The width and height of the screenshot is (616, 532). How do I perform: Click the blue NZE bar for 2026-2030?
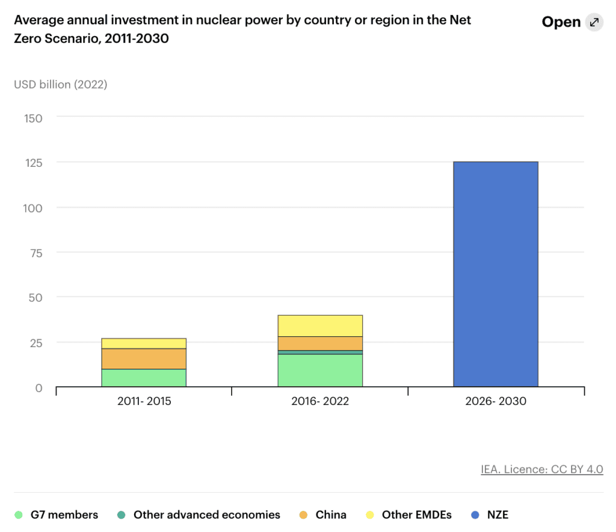point(495,274)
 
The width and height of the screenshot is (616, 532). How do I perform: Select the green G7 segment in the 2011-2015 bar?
point(144,378)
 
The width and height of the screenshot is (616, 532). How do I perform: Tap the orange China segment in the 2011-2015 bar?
point(144,358)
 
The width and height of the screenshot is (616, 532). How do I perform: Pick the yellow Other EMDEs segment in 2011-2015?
point(144,343)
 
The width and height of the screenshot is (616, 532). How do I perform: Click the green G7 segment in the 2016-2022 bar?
point(320,371)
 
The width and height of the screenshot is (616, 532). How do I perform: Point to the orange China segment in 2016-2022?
point(320,343)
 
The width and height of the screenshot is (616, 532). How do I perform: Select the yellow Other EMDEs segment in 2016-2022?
point(320,325)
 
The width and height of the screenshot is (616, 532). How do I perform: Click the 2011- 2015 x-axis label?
point(144,401)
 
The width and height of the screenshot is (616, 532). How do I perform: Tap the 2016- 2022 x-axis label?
point(320,401)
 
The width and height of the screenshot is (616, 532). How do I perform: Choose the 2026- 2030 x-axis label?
point(496,401)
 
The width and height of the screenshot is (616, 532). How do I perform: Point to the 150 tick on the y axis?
point(33,118)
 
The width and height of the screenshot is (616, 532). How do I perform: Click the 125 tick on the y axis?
point(33,163)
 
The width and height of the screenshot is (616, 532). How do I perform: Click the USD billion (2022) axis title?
point(60,84)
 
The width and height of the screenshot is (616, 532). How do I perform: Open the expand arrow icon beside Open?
point(594,22)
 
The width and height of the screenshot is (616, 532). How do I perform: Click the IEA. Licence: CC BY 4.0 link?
point(541,469)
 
